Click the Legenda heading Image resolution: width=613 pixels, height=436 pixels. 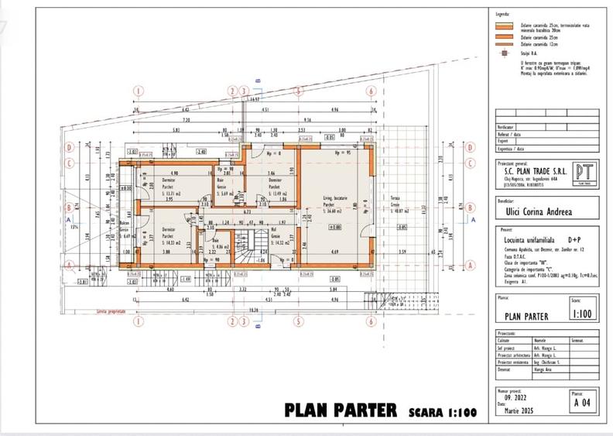point(503,15)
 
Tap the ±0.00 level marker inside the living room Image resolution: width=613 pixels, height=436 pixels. point(335,227)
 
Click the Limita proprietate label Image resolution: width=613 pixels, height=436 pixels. point(111,311)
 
